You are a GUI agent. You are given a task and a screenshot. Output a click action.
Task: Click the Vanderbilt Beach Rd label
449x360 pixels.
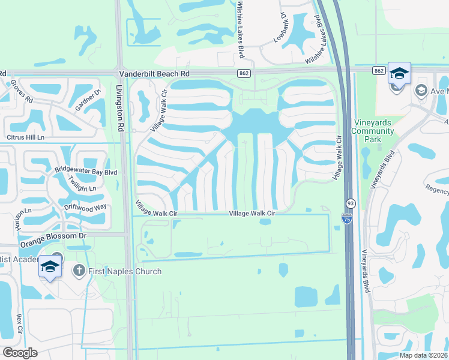154,73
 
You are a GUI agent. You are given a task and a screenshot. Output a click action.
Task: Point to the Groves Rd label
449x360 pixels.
22,91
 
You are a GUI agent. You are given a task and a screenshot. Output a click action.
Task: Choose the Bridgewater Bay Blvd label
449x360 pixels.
85,172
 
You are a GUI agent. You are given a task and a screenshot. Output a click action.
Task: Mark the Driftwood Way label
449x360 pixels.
86,206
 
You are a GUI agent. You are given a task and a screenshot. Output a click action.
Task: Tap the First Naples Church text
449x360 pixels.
125,271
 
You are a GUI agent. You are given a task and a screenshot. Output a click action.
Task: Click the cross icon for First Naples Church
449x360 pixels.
78,271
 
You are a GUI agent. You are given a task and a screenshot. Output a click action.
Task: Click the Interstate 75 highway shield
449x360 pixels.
347,220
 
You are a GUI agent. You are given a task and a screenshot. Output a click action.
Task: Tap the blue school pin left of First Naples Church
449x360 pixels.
50,267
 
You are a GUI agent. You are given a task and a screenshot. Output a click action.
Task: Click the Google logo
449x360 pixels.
20,353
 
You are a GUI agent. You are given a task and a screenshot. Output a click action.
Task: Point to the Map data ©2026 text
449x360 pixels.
423,355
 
